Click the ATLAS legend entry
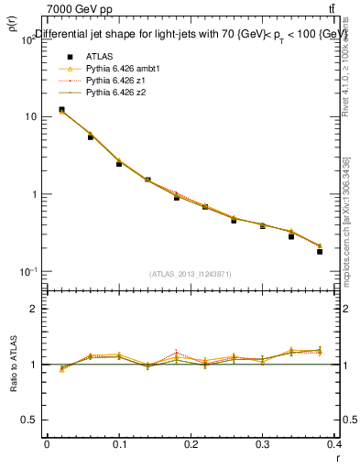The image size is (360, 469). (x=86, y=56)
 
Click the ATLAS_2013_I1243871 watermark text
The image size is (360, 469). (x=191, y=274)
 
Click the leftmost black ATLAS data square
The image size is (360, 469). (x=61, y=110)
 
